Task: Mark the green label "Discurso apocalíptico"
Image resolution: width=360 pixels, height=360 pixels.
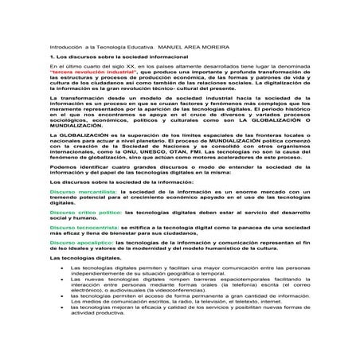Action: [83, 241]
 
